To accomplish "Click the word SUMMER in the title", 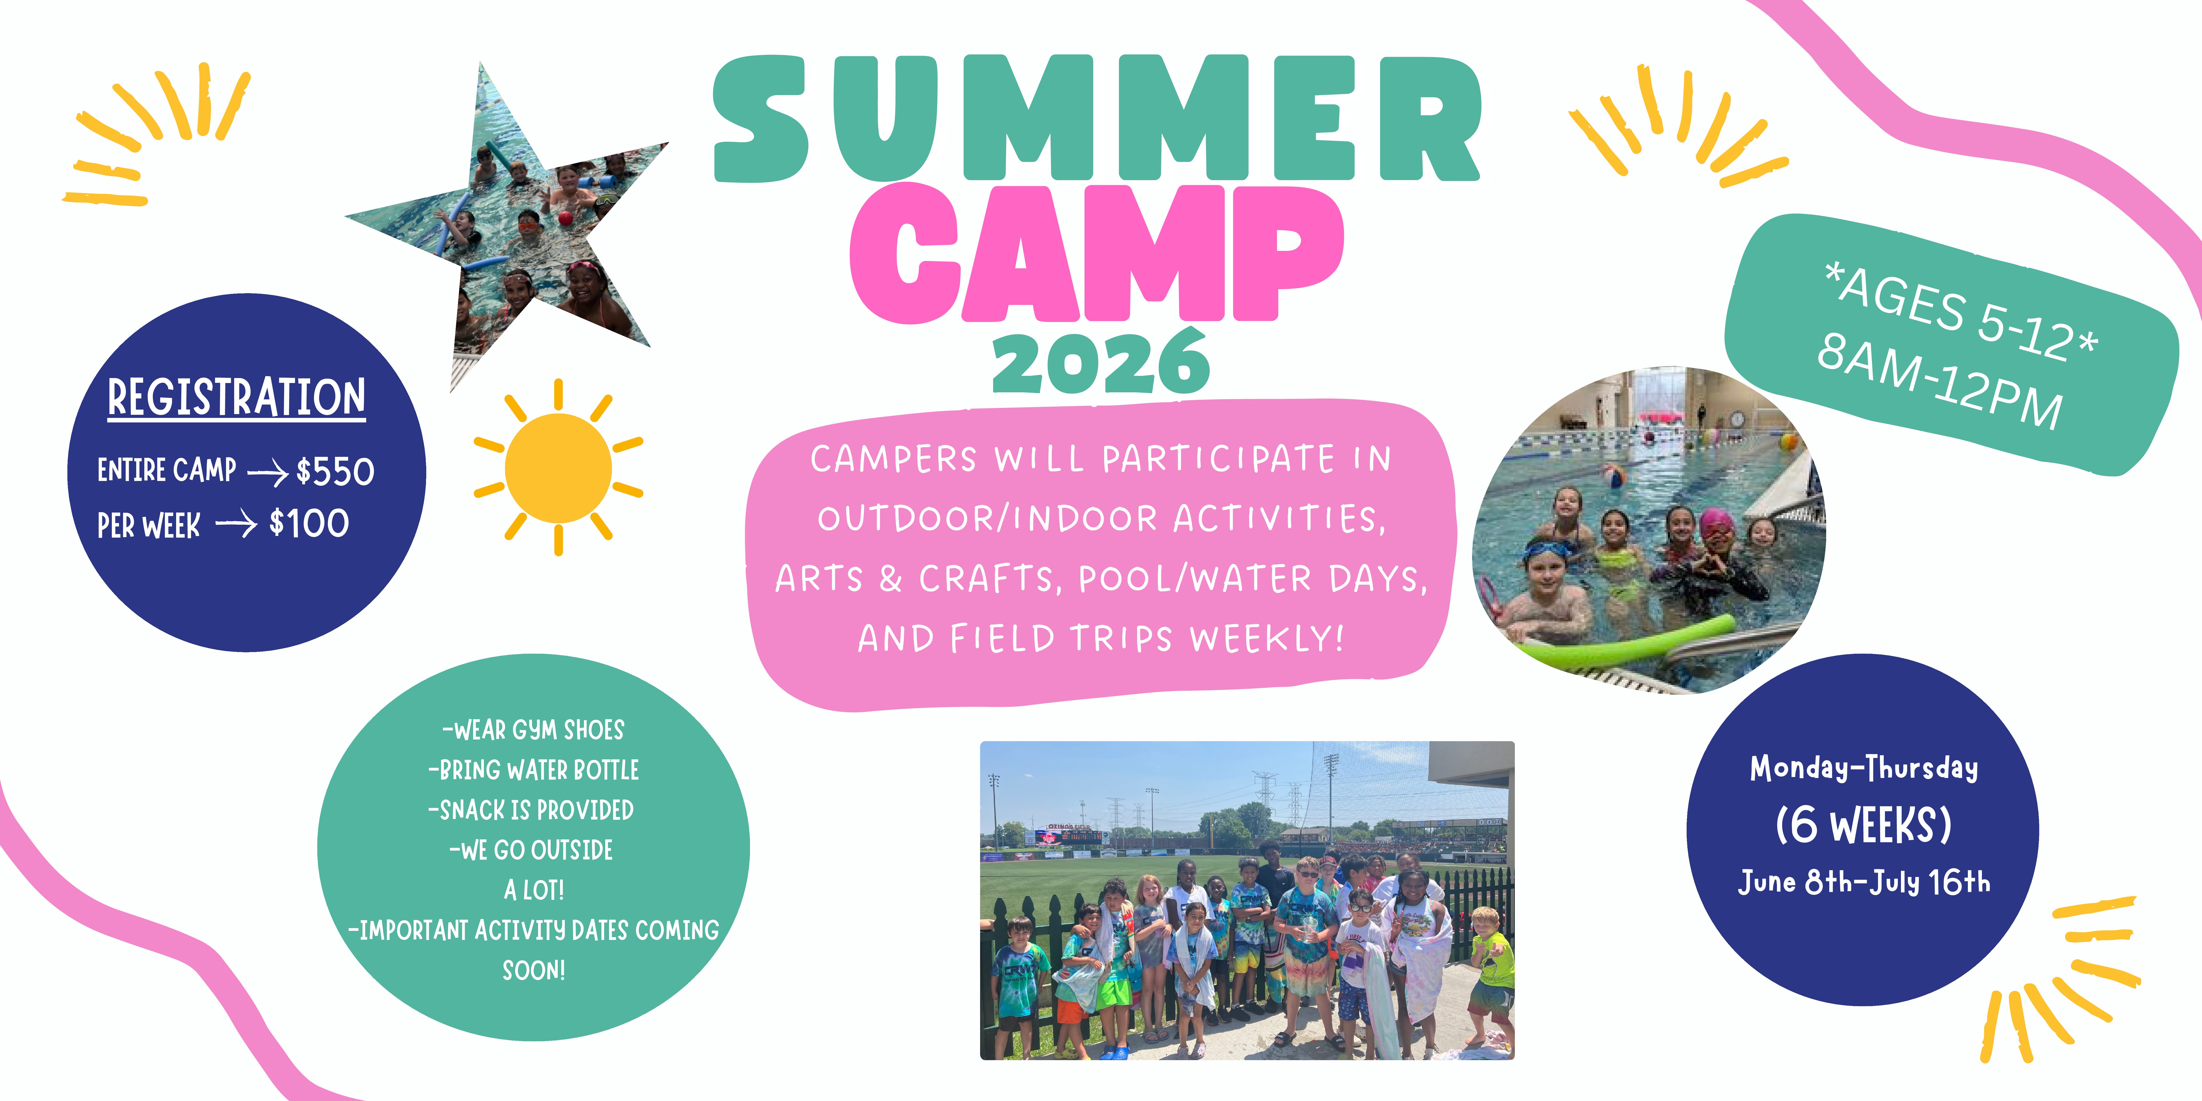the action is click(1097, 118).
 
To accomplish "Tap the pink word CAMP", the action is click(1097, 254).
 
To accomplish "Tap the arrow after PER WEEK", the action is click(236, 523).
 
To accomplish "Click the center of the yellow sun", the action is click(558, 468).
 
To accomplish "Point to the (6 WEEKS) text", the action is click(1863, 825).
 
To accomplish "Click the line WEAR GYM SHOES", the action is click(533, 730).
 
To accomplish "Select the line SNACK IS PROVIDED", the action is click(531, 810).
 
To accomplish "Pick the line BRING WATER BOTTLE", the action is click(533, 769).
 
